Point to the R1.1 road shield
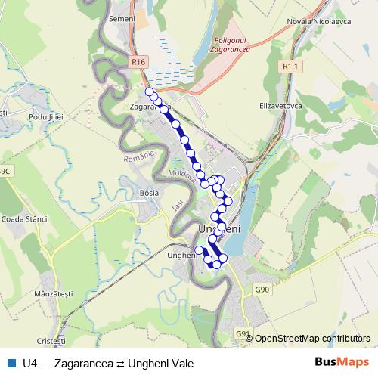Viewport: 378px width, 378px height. tap(291, 67)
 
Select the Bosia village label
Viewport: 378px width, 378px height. tap(150, 193)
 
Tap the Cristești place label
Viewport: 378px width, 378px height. tap(51, 342)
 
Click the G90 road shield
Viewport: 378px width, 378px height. tap(262, 290)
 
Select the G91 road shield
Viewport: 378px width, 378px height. tap(242, 333)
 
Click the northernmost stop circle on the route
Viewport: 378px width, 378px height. tap(149, 92)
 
